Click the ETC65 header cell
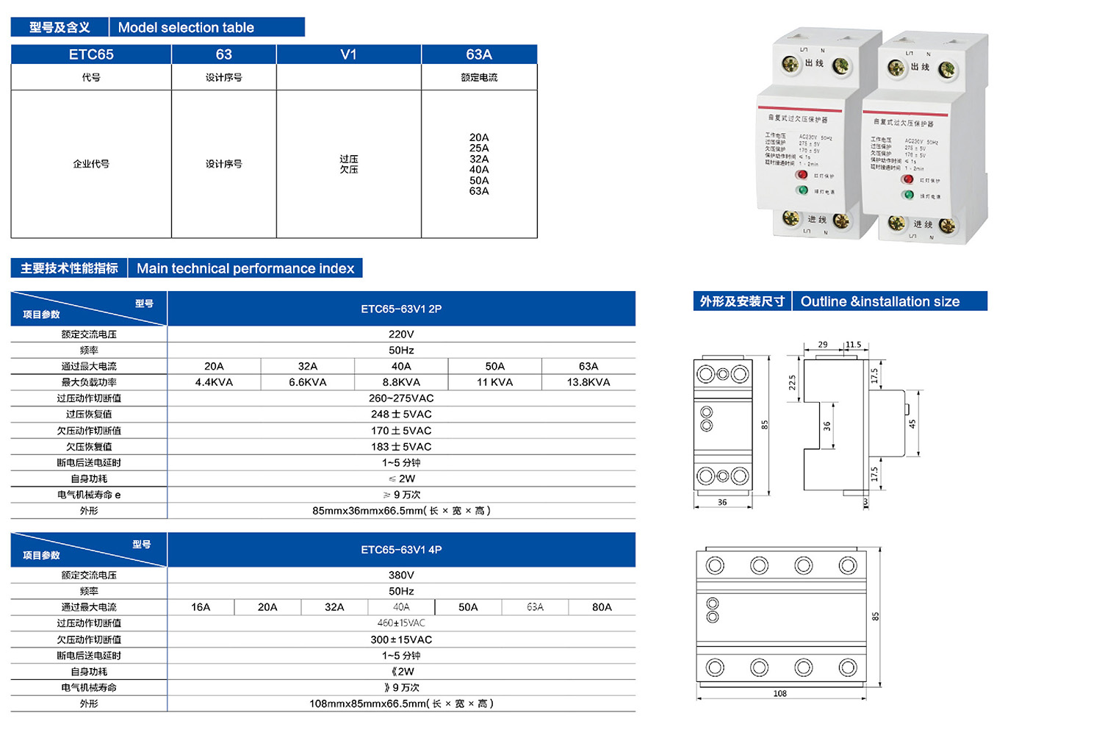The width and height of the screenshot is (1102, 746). pyautogui.click(x=91, y=54)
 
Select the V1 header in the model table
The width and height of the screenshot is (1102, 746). pyautogui.click(x=348, y=54)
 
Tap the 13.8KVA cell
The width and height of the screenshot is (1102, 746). pyautogui.click(x=588, y=382)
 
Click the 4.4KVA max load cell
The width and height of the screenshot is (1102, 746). pyautogui.click(x=214, y=382)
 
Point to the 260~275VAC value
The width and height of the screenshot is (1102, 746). pyautogui.click(x=401, y=398)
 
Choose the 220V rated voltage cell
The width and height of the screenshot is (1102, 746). pyautogui.click(x=401, y=334)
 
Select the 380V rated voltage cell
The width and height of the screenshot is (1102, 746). pyautogui.click(x=401, y=575)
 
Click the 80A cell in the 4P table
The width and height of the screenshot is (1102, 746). pyautogui.click(x=602, y=607)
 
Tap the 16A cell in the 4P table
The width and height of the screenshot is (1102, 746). pyautogui.click(x=201, y=607)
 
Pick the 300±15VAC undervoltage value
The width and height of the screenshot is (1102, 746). pyautogui.click(x=401, y=640)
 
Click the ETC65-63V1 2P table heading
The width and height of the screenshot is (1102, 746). pyautogui.click(x=401, y=309)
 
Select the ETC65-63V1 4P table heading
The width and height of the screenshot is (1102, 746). pyautogui.click(x=401, y=550)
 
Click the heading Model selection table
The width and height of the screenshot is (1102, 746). pyautogui.click(x=186, y=28)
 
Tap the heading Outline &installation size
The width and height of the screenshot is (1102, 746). pyautogui.click(x=880, y=301)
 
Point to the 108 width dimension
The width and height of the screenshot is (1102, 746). pyautogui.click(x=779, y=693)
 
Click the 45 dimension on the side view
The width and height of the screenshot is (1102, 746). pyautogui.click(x=912, y=424)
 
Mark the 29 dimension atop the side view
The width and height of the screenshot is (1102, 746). pyautogui.click(x=823, y=344)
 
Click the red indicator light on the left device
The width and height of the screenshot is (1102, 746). pyautogui.click(x=802, y=175)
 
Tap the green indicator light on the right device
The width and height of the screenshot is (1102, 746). pyautogui.click(x=909, y=195)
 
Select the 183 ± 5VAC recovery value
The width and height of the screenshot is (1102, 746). pyautogui.click(x=401, y=447)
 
